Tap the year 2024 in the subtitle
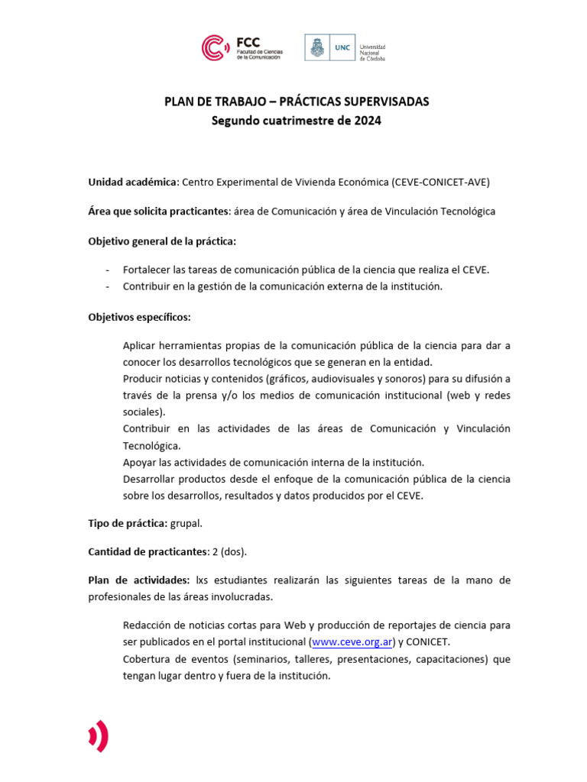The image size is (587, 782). (366, 120)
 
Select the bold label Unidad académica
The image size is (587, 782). (132, 182)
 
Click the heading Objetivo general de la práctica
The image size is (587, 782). (162, 241)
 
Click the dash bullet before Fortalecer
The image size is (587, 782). (107, 270)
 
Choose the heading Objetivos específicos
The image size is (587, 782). (139, 316)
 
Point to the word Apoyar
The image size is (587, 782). (139, 462)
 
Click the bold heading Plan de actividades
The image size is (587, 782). (139, 580)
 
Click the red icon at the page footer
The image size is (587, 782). (99, 736)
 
